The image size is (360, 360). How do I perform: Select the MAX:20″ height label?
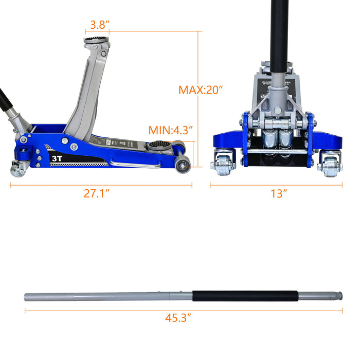tap(201, 90)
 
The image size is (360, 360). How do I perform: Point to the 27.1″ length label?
tap(98, 194)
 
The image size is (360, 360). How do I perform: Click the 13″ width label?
tap(278, 194)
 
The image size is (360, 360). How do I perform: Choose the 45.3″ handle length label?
tap(178, 318)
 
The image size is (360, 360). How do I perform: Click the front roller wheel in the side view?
tap(183, 164)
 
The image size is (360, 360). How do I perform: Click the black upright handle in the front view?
tap(279, 31)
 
